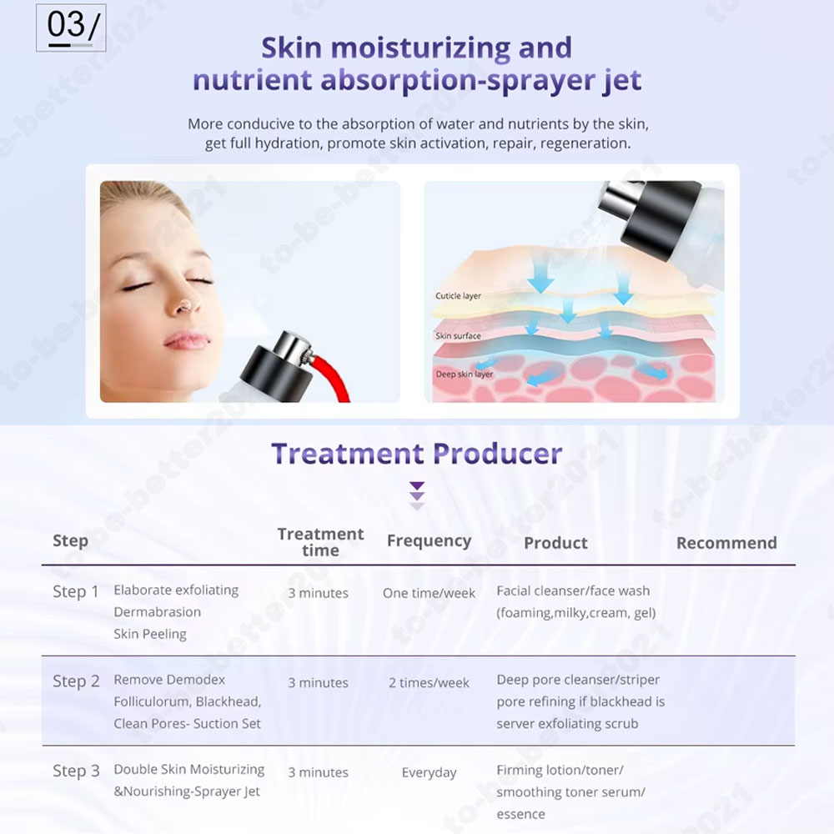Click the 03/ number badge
71,28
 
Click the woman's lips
187,340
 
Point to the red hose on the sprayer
333,378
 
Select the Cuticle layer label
458,296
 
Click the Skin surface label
458,335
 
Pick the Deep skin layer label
465,374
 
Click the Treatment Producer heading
416,454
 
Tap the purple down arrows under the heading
417,495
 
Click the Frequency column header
430,541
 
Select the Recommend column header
726,543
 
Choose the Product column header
555,543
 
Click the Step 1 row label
76,591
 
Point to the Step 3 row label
76,771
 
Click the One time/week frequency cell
429,593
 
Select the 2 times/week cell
429,682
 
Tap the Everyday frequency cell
429,773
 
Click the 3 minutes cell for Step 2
318,682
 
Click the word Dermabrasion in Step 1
158,611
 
